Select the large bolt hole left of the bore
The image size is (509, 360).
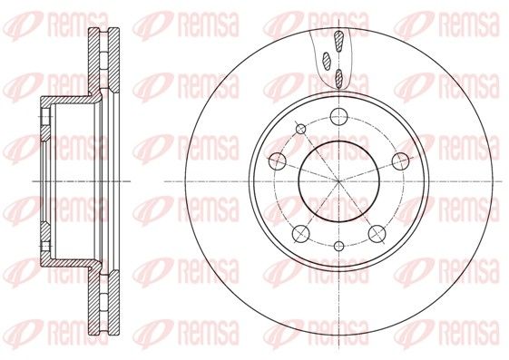(278, 161)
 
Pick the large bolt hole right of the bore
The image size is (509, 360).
(400, 161)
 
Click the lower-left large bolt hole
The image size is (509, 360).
(301, 233)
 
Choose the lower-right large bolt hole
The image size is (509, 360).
(377, 233)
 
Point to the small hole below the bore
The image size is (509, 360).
(338, 246)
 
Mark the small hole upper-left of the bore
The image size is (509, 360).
(301, 129)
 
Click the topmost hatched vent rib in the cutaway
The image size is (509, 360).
(339, 41)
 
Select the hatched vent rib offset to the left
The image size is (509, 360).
(327, 61)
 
